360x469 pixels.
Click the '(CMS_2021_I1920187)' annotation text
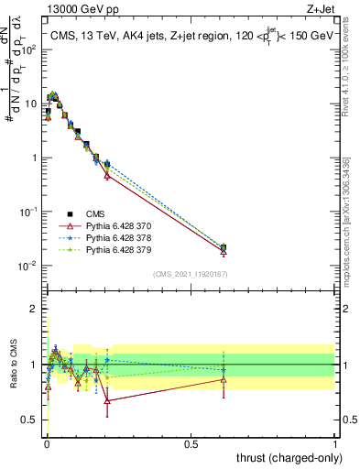point(191,273)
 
